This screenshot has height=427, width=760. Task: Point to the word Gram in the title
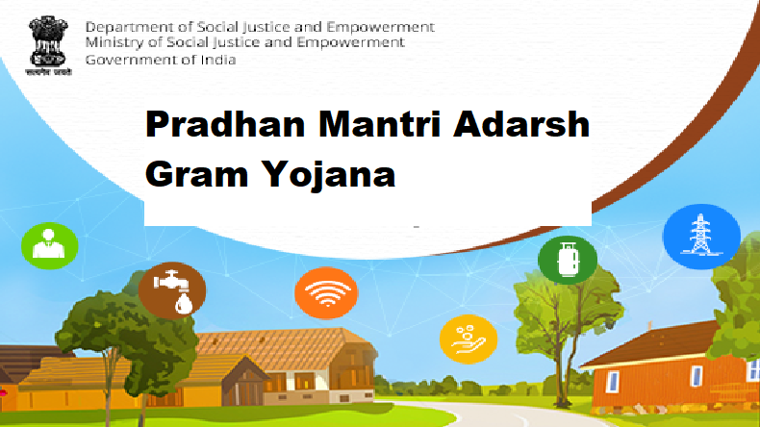tap(190, 176)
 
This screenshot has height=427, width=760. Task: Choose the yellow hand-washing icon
tap(468, 337)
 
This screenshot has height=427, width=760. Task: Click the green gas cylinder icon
tap(568, 260)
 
